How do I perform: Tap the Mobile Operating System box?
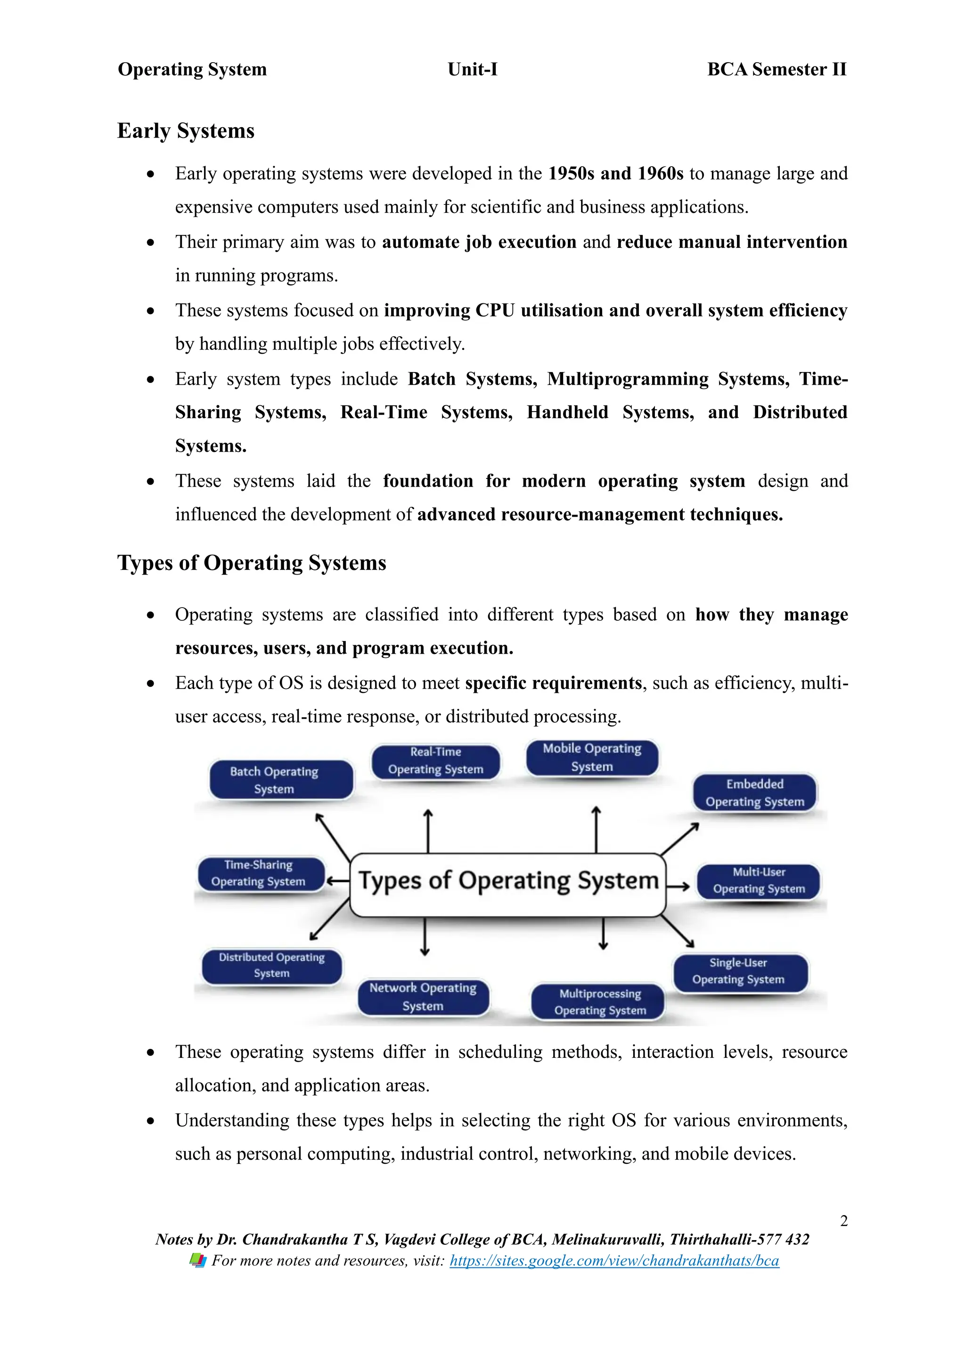click(592, 757)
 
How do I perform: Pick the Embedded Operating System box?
click(755, 793)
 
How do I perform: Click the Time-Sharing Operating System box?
click(260, 873)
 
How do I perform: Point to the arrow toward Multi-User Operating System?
click(678, 887)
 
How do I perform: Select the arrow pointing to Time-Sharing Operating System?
click(337, 881)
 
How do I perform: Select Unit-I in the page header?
click(473, 70)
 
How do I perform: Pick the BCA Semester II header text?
click(776, 70)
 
